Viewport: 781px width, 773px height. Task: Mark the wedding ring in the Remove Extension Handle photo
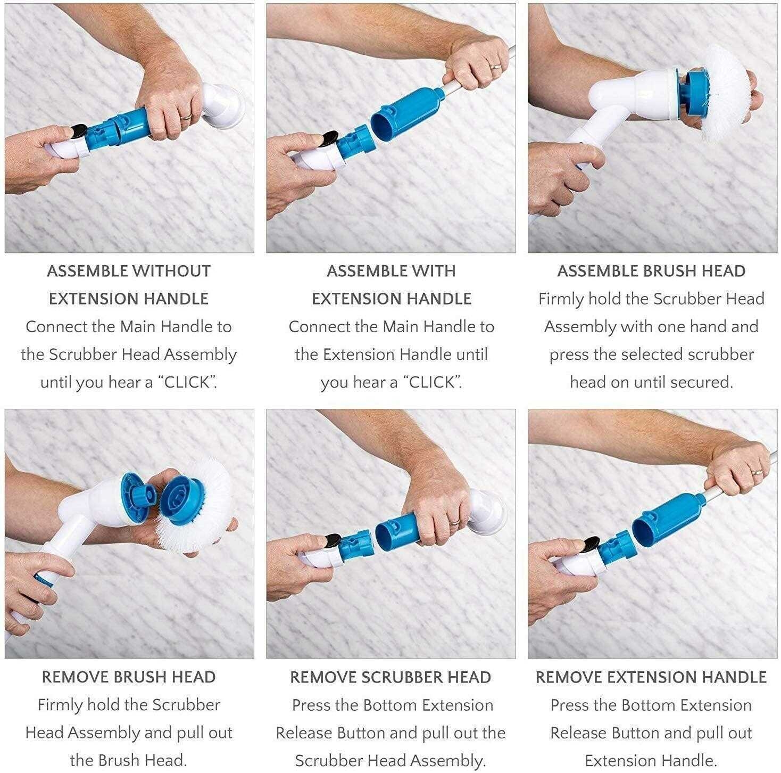pyautogui.click(x=755, y=472)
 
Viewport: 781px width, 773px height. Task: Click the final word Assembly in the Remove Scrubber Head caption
pyautogui.click(x=451, y=760)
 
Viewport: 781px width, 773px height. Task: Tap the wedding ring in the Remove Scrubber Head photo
pyautogui.click(x=453, y=523)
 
